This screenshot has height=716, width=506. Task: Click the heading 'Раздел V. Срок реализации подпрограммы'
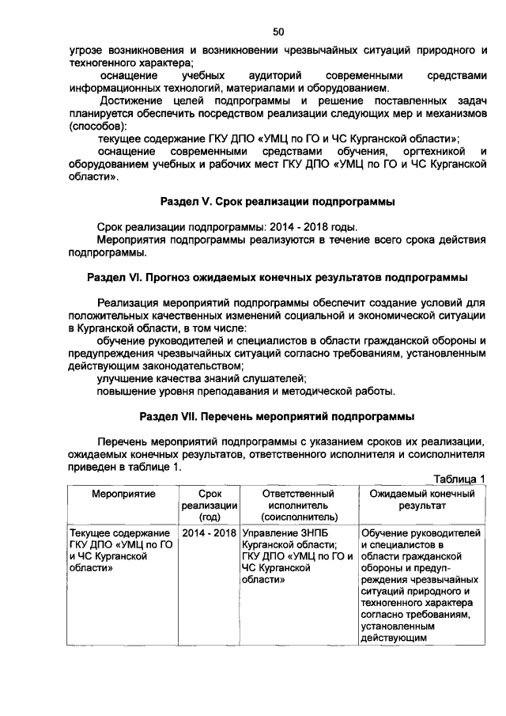pos(278,202)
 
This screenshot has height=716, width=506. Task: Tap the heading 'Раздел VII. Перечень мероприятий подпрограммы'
pos(278,415)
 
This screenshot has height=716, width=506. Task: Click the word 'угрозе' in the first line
pos(85,50)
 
